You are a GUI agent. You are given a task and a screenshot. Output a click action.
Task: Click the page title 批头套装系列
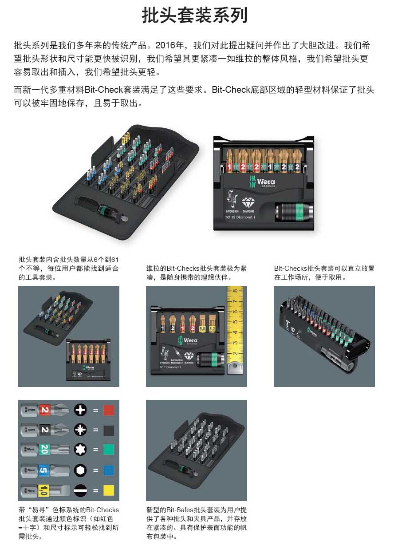194,15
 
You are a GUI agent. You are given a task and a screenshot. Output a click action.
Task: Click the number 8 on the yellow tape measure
235,291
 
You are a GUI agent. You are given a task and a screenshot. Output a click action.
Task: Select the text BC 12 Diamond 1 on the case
240,217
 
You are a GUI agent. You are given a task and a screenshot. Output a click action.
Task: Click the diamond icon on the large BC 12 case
248,203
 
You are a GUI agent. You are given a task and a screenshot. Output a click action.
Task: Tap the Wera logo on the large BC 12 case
262,182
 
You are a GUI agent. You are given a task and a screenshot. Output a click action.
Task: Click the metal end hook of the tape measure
235,367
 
